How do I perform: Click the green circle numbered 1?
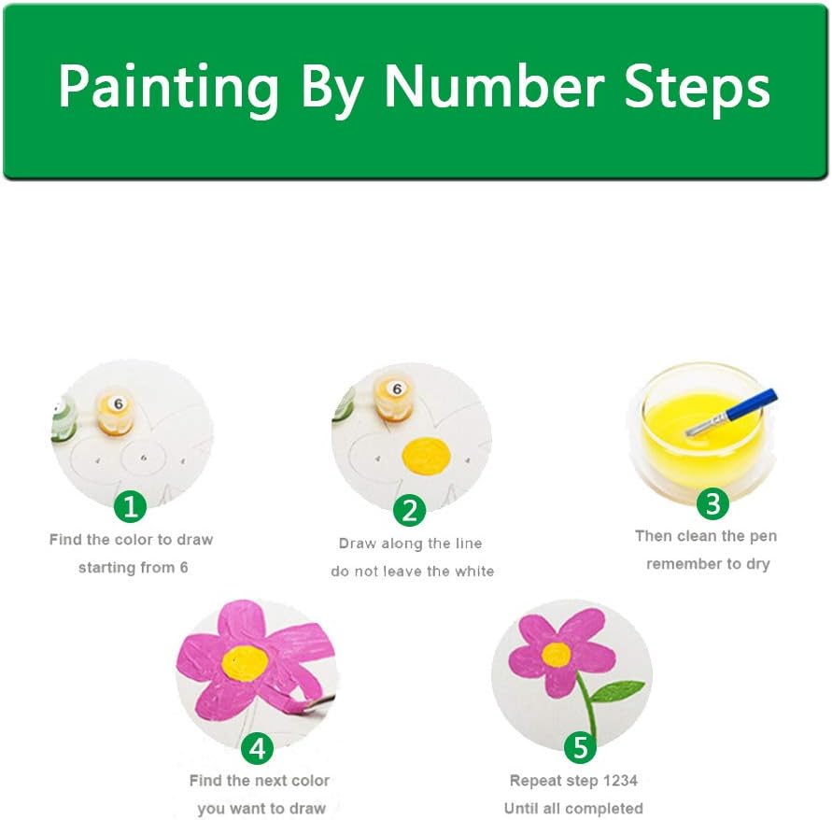pyautogui.click(x=131, y=506)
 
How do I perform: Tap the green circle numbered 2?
pyautogui.click(x=409, y=510)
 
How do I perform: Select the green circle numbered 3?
pyautogui.click(x=712, y=503)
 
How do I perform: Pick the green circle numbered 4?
pyautogui.click(x=258, y=748)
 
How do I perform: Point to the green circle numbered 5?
pyautogui.click(x=581, y=748)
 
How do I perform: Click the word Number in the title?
pyautogui.click(x=494, y=86)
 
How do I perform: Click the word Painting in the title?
pyautogui.click(x=169, y=90)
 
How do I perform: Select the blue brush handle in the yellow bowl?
pyautogui.click(x=752, y=404)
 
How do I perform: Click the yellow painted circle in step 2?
pyautogui.click(x=426, y=456)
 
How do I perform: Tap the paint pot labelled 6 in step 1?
pyautogui.click(x=116, y=413)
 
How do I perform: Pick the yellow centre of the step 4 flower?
pyautogui.click(x=245, y=663)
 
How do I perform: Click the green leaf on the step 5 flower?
pyautogui.click(x=616, y=690)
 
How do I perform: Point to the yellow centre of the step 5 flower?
pyautogui.click(x=557, y=655)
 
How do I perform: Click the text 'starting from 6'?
pyautogui.click(x=134, y=567)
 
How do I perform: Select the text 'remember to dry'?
pyautogui.click(x=708, y=564)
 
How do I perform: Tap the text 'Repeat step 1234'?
pyautogui.click(x=573, y=781)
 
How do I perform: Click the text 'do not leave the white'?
pyautogui.click(x=413, y=571)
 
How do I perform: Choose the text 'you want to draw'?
pyautogui.click(x=261, y=808)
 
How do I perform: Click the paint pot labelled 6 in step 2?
pyautogui.click(x=394, y=399)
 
